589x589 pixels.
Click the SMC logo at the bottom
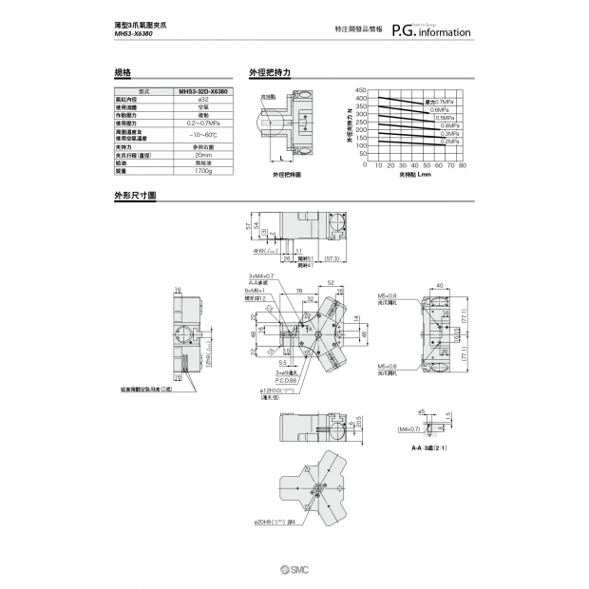click(294, 567)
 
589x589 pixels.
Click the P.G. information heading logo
click(437, 31)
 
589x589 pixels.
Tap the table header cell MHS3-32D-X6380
click(201, 91)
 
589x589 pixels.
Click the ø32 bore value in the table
click(201, 99)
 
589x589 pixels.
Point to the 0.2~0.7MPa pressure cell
click(201, 123)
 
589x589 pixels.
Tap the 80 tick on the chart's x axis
click(463, 165)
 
